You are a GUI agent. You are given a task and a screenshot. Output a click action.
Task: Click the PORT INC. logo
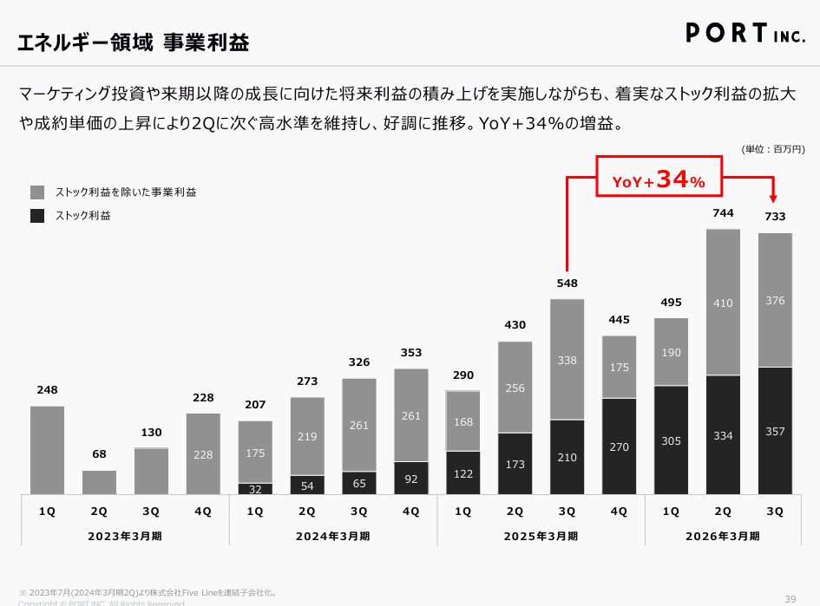click(750, 32)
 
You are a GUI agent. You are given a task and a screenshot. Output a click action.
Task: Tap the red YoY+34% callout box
click(659, 179)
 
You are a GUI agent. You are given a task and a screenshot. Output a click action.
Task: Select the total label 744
click(723, 213)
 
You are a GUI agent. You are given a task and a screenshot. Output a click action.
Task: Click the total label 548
click(567, 283)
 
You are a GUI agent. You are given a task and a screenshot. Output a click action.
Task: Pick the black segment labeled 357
click(775, 431)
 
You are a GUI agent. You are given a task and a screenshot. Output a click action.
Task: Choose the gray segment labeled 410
click(723, 303)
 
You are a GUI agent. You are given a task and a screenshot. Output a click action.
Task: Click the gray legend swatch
click(37, 192)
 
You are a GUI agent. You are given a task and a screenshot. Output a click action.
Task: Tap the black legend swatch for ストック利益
click(37, 216)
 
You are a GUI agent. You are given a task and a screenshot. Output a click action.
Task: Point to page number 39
click(790, 598)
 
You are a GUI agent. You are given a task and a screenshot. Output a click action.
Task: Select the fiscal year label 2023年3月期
click(125, 536)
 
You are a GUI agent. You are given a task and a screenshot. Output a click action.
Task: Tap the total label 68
click(99, 455)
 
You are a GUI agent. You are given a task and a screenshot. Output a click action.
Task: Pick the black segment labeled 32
click(255, 489)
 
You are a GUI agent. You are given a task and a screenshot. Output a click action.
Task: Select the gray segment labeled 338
click(567, 359)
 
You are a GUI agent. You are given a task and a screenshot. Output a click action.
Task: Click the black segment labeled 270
click(619, 446)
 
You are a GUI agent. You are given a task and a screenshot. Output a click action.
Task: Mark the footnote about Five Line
click(148, 593)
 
